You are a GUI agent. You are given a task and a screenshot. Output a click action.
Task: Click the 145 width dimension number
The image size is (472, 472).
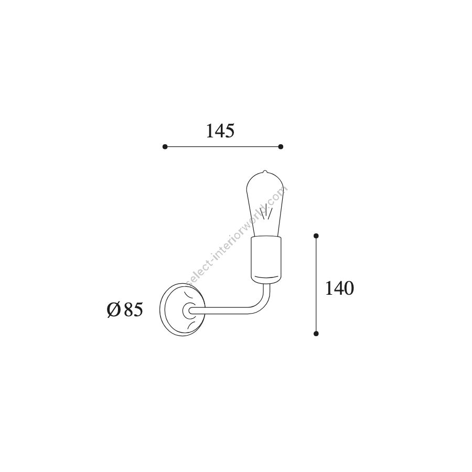coord(220,131)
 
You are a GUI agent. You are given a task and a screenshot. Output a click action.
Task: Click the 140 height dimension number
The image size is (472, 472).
coord(339,288)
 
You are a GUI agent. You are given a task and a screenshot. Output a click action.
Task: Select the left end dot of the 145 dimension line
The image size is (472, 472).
coord(165,147)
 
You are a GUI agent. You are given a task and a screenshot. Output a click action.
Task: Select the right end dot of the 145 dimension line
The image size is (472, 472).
coord(281,147)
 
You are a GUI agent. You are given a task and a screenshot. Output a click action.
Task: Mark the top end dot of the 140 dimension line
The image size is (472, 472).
coord(316,235)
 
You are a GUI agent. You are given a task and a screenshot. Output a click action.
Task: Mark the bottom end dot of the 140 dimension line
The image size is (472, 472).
coord(316,333)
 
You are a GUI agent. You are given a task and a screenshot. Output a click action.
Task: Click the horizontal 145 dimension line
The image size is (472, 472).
coord(223,147)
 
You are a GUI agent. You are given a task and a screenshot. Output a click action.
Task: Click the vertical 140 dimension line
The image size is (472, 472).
coord(316,284)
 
